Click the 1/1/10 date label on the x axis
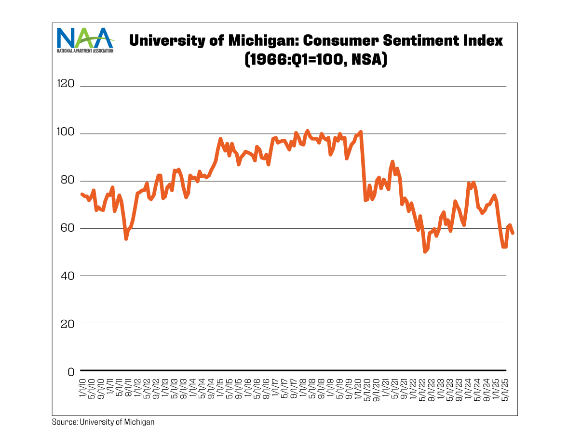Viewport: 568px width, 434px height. tap(82, 387)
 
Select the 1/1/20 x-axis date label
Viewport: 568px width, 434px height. tap(358, 387)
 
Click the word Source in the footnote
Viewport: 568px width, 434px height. tap(63, 422)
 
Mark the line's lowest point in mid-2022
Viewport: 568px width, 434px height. tap(424, 251)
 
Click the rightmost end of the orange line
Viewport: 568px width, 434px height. tap(513, 233)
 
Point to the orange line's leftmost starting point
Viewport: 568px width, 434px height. tap(81, 194)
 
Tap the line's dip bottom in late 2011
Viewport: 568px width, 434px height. tap(126, 238)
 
